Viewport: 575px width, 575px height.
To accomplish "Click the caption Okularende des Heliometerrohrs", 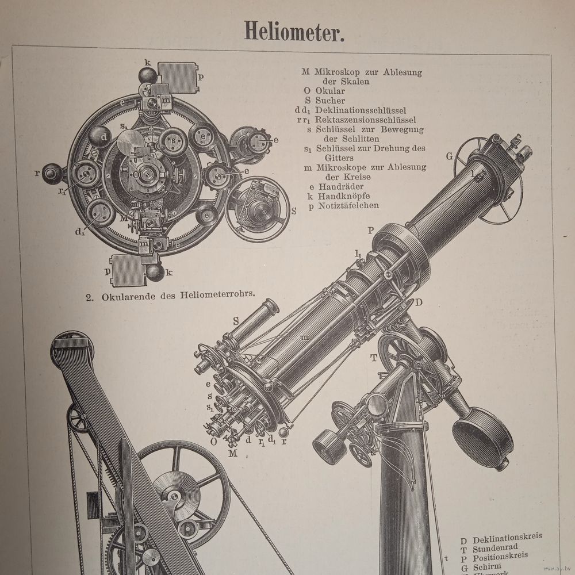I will [x=178, y=297].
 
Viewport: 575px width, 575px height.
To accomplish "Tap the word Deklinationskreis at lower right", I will [x=507, y=540].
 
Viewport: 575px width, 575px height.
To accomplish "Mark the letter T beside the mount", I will [x=374, y=358].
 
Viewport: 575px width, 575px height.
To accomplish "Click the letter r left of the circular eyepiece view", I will [x=37, y=172].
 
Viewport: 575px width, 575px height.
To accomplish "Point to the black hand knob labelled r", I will [x=53, y=173].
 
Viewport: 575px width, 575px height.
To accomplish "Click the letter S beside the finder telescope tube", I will [x=236, y=320].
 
